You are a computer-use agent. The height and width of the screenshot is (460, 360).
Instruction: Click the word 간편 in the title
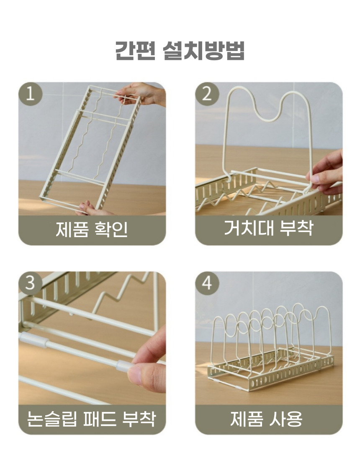135,51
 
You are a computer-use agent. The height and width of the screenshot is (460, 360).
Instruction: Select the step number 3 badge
31,284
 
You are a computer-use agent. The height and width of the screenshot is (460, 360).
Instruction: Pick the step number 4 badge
207,284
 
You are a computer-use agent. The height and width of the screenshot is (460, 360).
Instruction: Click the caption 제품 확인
92,229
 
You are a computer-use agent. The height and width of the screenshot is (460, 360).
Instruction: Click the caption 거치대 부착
269,227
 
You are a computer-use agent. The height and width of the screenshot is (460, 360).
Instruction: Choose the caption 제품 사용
266,419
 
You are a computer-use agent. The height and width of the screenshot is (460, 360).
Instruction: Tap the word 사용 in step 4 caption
285,419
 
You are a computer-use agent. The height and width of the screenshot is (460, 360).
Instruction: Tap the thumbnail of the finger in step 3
136,375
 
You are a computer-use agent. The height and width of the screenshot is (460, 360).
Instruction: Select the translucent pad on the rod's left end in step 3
33,340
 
